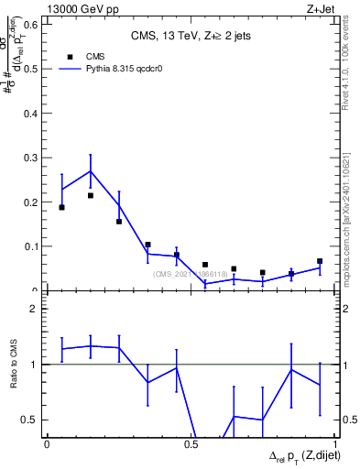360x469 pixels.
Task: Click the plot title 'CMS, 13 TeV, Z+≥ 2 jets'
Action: [191, 37]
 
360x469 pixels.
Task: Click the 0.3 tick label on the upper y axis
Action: [33, 157]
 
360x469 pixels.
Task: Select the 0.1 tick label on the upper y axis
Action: [33, 246]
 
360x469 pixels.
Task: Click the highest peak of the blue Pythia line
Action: [90, 171]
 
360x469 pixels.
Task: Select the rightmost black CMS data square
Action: [320, 261]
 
